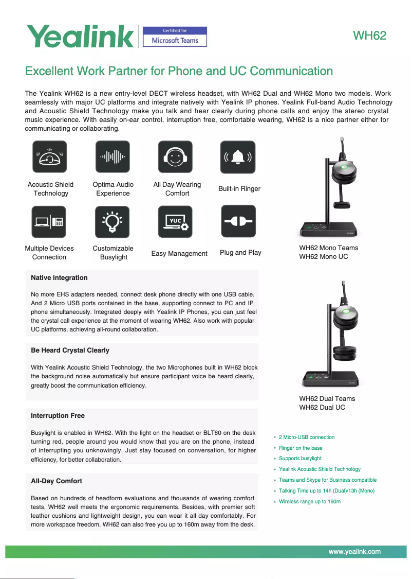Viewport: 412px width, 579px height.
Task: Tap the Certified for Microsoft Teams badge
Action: pyautogui.click(x=175, y=37)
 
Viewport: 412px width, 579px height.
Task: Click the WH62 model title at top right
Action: pyautogui.click(x=369, y=36)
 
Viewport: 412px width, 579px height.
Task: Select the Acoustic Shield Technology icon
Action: pyautogui.click(x=50, y=157)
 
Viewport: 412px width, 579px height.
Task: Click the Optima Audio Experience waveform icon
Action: pyautogui.click(x=113, y=157)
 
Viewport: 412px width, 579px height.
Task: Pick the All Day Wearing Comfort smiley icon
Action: pyautogui.click(x=175, y=157)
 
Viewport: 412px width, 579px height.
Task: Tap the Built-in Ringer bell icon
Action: pyautogui.click(x=237, y=157)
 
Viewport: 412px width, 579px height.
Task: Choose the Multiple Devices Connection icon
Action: pyautogui.click(x=49, y=222)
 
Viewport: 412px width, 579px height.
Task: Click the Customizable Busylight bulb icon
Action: pyautogui.click(x=113, y=222)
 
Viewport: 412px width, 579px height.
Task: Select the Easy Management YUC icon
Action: pyautogui.click(x=175, y=222)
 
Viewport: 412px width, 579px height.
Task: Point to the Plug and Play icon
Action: pyautogui.click(x=238, y=222)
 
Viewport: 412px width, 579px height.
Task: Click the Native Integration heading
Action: pyautogui.click(x=59, y=278)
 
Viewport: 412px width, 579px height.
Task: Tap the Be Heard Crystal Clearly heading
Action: pyautogui.click(x=70, y=350)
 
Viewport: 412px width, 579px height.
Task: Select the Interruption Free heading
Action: pyautogui.click(x=58, y=416)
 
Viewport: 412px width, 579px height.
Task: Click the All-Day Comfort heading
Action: pyautogui.click(x=57, y=481)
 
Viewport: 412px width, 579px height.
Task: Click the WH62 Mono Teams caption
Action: pyautogui.click(x=328, y=248)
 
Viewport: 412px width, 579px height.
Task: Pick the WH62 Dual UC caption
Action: pyautogui.click(x=322, y=408)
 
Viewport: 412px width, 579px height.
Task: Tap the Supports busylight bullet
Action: pyautogui.click(x=300, y=459)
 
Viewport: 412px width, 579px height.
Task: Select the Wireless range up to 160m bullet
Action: pyautogui.click(x=309, y=502)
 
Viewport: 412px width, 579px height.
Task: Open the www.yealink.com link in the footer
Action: pyautogui.click(x=354, y=552)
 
